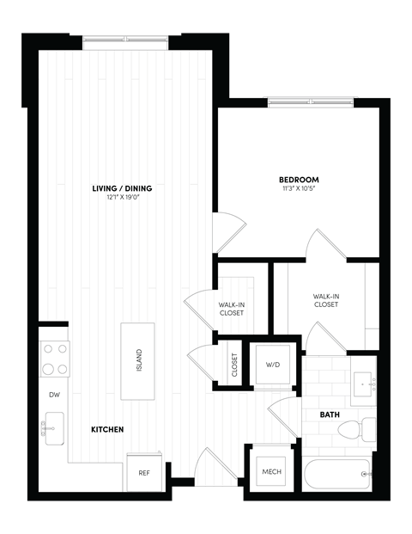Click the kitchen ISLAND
pyautogui.click(x=138, y=361)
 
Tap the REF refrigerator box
pyautogui.click(x=143, y=471)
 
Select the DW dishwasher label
pyautogui.click(x=53, y=395)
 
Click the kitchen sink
pyautogui.click(x=54, y=425)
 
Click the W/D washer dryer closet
pyautogui.click(x=273, y=365)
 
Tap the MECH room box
pyautogui.click(x=272, y=471)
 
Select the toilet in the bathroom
pyautogui.click(x=367, y=428)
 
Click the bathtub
pyautogui.click(x=337, y=474)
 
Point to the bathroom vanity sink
pyautogui.click(x=363, y=382)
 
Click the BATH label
pyautogui.click(x=330, y=414)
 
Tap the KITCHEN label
pyautogui.click(x=109, y=428)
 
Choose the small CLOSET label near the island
pyautogui.click(x=234, y=365)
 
